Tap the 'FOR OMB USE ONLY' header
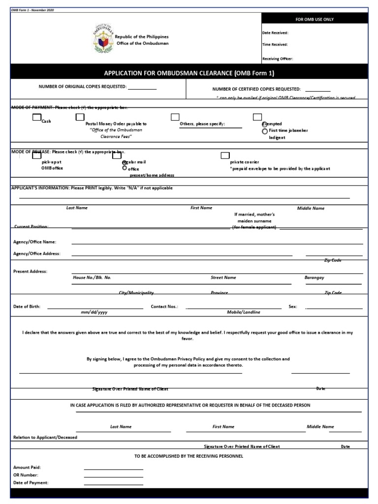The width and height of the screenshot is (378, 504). coord(314,19)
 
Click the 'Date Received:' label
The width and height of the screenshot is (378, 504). coord(275,33)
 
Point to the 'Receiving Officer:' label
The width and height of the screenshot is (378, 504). coord(278,59)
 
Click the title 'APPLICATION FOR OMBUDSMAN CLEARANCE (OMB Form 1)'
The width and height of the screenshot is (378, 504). coord(189,73)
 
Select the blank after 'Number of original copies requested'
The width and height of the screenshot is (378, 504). coord(142,88)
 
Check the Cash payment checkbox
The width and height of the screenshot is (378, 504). coord(36,117)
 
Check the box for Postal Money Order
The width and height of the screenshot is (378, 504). coord(80,117)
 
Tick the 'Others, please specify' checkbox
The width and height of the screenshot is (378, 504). coord(175,117)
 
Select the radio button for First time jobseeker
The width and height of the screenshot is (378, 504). coord(265,131)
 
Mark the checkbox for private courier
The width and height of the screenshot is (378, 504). coord(225,156)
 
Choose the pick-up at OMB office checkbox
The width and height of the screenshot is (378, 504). coord(36,156)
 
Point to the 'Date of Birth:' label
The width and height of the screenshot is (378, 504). coord(27,306)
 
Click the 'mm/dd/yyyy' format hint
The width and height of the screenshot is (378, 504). coord(94,313)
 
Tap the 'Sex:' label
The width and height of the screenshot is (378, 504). coord(293,306)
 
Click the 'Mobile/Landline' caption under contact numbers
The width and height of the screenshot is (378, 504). coord(243,313)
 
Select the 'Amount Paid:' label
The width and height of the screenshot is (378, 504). coord(27,467)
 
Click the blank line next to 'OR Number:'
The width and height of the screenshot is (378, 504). coord(113,476)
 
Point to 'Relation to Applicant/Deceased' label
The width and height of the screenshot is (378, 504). coord(45,437)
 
